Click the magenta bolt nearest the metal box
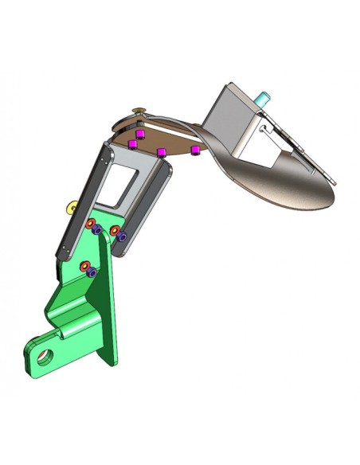click(194, 149)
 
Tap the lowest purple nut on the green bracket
click(92, 272)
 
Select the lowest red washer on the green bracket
click(84, 264)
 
